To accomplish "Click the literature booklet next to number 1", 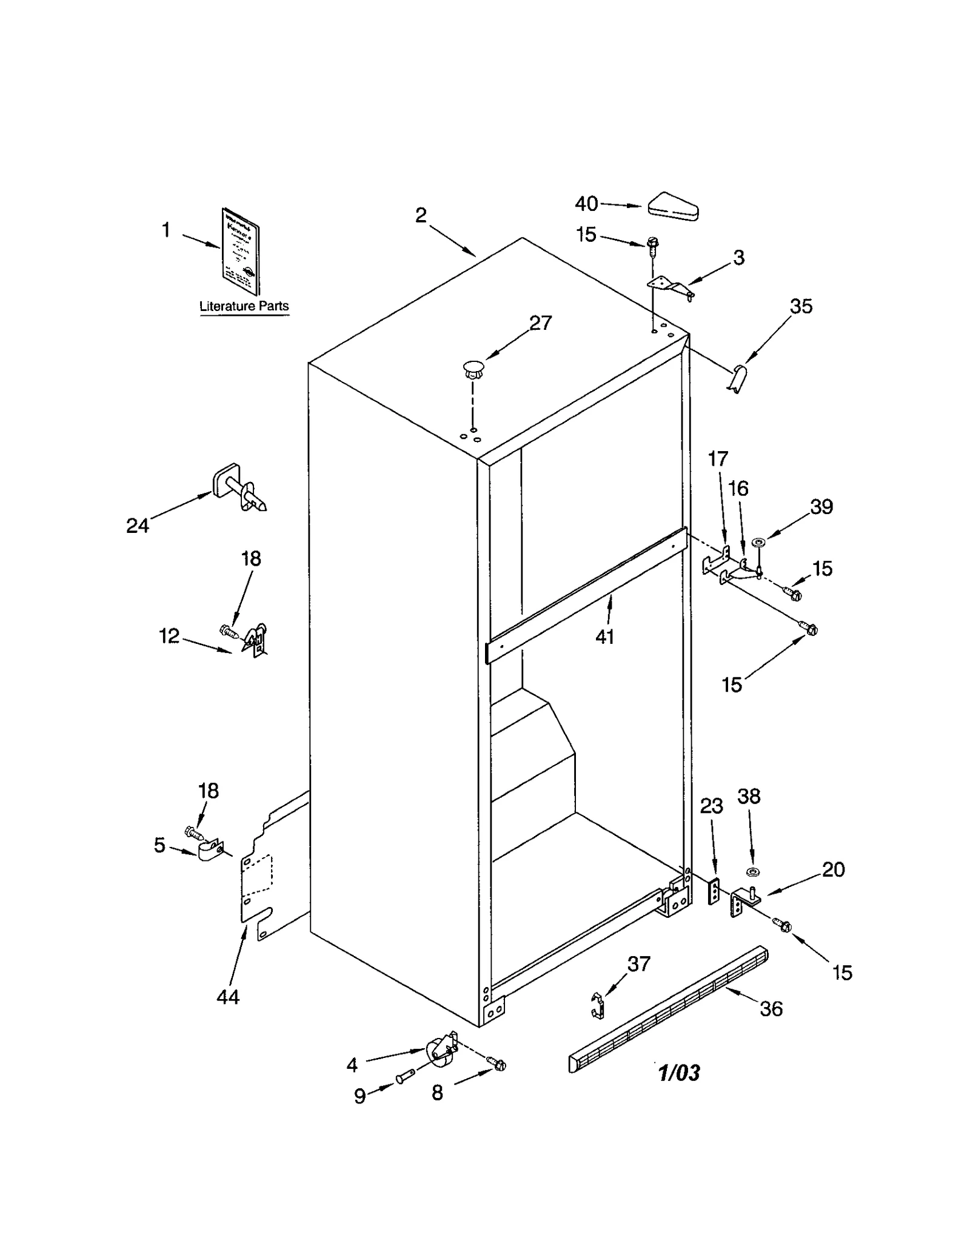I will [x=241, y=251].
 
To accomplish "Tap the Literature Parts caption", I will [x=244, y=306].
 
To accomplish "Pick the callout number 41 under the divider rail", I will [x=604, y=636].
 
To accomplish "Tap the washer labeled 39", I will [x=758, y=541].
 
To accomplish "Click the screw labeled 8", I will [x=498, y=1064].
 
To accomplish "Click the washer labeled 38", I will [x=753, y=872].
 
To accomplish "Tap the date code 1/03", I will [x=679, y=1073].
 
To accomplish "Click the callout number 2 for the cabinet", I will [x=421, y=215].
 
